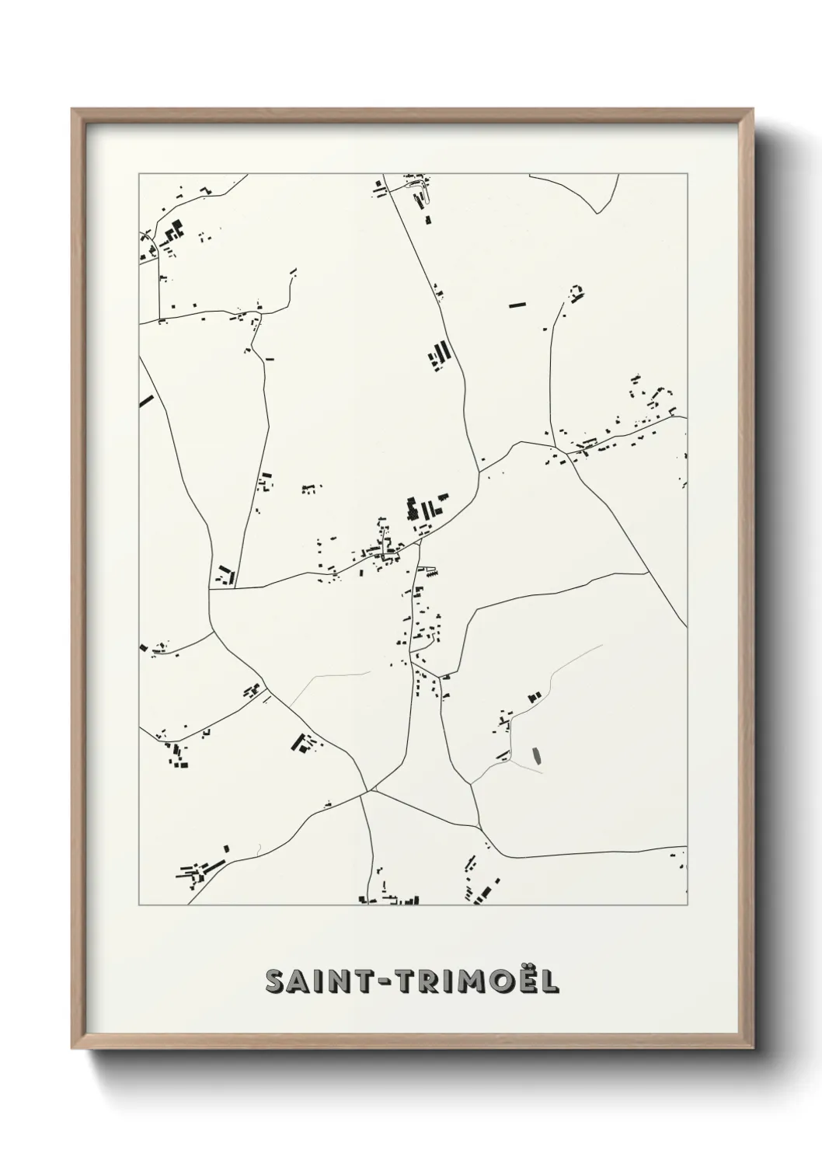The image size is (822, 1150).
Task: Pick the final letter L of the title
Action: click(549, 981)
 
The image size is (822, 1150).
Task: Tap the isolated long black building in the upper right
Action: click(517, 305)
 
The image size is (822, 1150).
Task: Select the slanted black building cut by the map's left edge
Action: click(146, 402)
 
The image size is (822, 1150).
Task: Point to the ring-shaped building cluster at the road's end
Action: click(576, 292)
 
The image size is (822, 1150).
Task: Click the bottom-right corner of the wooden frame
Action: click(751, 1046)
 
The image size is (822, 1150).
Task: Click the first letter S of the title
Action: click(276, 981)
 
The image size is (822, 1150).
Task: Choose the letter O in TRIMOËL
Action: click(502, 981)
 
